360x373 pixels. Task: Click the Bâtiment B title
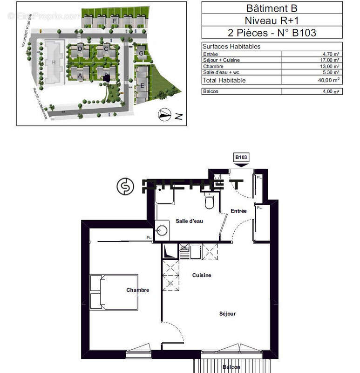pyautogui.click(x=272, y=8)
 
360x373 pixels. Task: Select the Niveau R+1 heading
pyautogui.click(x=272, y=21)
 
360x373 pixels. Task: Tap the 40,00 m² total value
pyautogui.click(x=330, y=80)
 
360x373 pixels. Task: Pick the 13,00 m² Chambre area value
pyautogui.click(x=330, y=66)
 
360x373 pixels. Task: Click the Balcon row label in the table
pyautogui.click(x=211, y=91)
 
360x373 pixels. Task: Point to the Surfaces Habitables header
pyautogui.click(x=231, y=47)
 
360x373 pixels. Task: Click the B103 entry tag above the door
pyautogui.click(x=241, y=158)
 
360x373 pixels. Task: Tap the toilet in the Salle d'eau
pyautogui.click(x=209, y=200)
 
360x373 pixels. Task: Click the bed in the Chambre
pyautogui.click(x=114, y=292)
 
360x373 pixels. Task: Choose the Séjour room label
pyautogui.click(x=227, y=314)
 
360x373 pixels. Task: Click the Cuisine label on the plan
pyautogui.click(x=202, y=275)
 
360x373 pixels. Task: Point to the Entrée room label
pyautogui.click(x=238, y=211)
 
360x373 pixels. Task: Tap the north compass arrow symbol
pyautogui.click(x=164, y=114)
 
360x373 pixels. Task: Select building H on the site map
pyautogui.click(x=54, y=62)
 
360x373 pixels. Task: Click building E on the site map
pyautogui.click(x=142, y=86)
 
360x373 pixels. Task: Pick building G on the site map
pyautogui.click(x=141, y=53)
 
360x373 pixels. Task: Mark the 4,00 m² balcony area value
pyautogui.click(x=330, y=91)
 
